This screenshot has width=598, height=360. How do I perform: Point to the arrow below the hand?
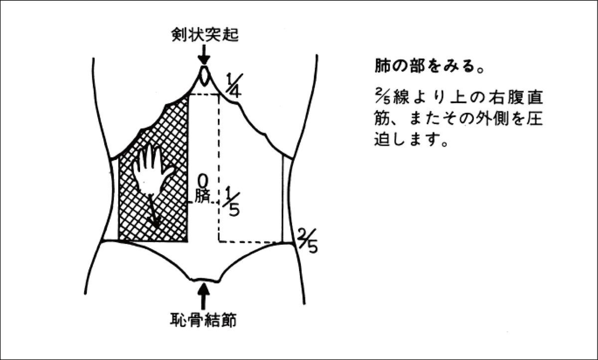coord(154,214)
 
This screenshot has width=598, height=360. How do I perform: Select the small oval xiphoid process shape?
coord(203,75)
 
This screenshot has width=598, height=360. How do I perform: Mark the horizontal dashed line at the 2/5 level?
coord(254,242)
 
